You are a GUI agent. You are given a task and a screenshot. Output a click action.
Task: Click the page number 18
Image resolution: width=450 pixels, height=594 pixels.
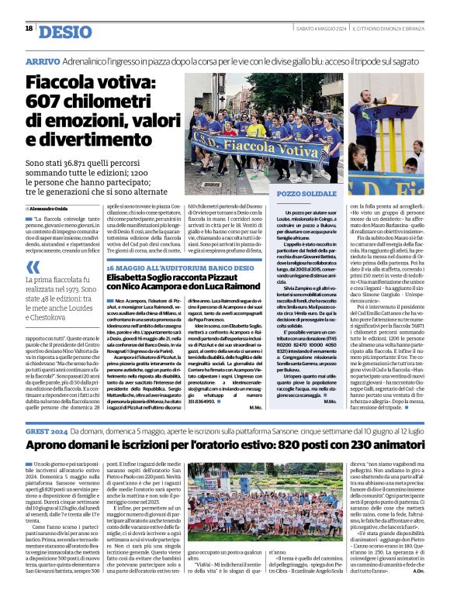29,29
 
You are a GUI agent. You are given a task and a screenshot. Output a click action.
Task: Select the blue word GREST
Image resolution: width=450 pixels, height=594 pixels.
39,428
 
